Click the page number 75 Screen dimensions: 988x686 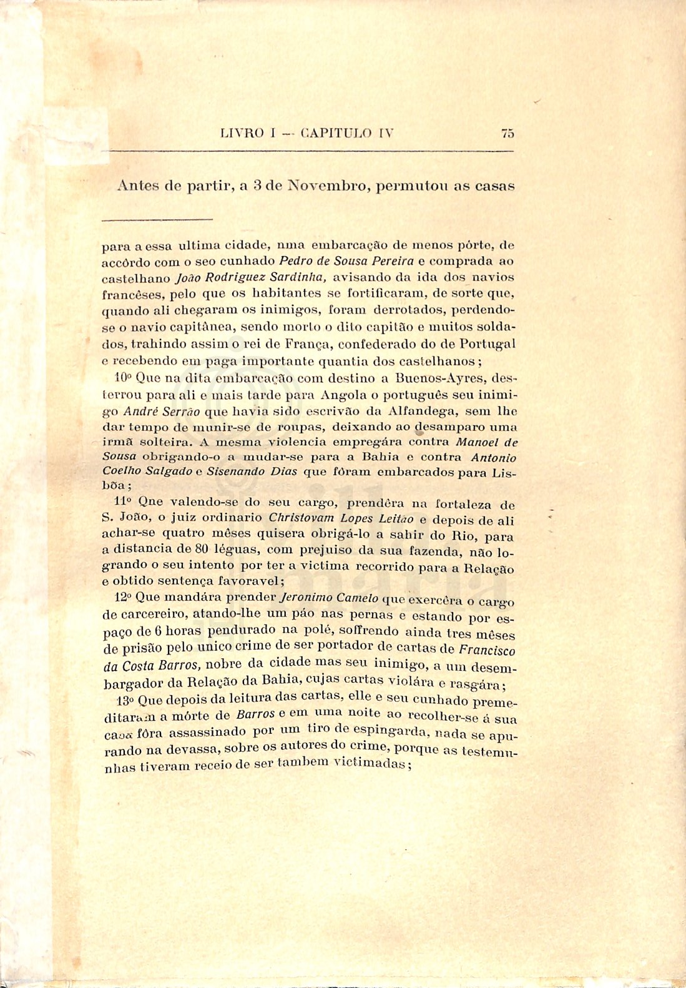point(507,133)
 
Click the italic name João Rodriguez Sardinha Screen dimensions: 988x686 point(252,277)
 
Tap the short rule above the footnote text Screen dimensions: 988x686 point(157,219)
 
